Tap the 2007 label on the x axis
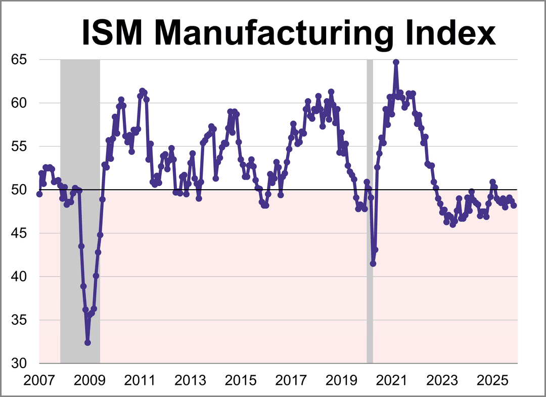39,379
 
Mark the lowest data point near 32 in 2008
87,342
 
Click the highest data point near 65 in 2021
396,62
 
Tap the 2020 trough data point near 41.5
373,263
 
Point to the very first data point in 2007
39,194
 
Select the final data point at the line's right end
514,205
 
